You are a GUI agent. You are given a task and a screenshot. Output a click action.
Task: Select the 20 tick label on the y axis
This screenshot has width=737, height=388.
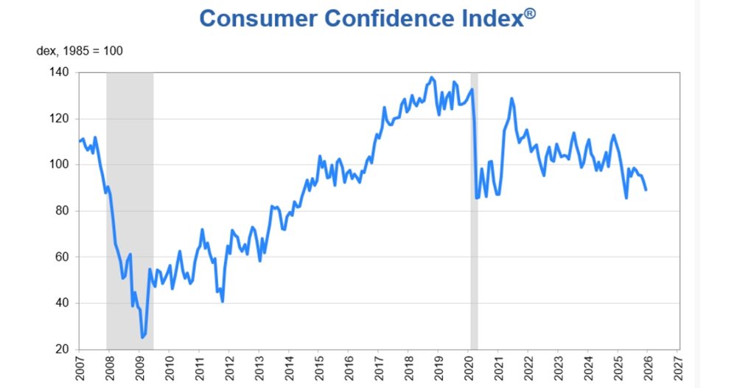[63, 349]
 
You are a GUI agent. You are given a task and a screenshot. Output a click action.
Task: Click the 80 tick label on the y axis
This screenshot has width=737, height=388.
[63, 211]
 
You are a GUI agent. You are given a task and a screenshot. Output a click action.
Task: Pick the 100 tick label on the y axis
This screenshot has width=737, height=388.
[59, 164]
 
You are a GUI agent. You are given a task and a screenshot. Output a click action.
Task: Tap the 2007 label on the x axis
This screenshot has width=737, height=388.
[80, 367]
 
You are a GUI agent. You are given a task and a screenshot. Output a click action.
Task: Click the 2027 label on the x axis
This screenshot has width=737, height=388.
[679, 367]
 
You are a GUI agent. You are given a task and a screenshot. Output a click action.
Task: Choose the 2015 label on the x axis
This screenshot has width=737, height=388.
[319, 367]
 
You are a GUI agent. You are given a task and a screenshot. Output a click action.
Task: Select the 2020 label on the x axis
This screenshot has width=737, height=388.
[469, 367]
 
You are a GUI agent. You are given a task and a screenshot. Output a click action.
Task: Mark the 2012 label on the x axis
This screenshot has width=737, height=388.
[229, 367]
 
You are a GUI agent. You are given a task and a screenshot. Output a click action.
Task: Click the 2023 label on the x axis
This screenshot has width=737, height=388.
[559, 367]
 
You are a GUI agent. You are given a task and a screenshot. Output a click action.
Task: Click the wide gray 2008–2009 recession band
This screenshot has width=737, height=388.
[130, 221]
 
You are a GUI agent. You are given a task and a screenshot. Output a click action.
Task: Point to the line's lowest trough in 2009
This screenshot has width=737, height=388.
[142, 337]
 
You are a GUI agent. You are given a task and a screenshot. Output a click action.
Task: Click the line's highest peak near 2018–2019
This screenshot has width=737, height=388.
[432, 77]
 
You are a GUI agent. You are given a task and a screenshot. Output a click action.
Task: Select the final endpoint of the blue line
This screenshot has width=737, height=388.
[646, 190]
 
